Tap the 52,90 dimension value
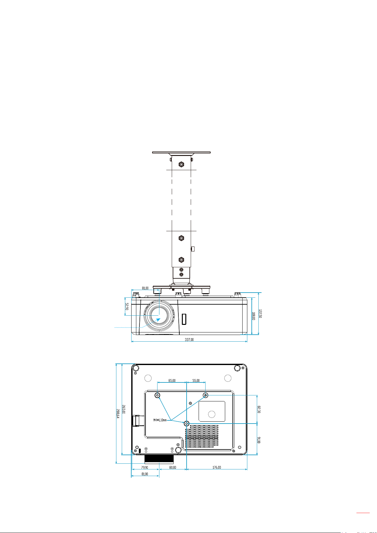[x=127, y=306]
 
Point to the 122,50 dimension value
[x=260, y=313]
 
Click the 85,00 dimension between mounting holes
[x=172, y=381]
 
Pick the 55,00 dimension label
[x=196, y=381]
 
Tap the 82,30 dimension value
[x=259, y=409]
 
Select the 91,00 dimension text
[x=259, y=440]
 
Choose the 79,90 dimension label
[x=145, y=468]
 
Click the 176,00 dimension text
[x=217, y=468]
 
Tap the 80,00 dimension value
[x=173, y=468]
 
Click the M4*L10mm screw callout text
[x=160, y=420]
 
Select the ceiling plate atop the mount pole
[x=181, y=152]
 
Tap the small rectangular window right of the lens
[x=184, y=319]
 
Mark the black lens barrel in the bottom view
[x=159, y=459]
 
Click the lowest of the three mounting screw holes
[x=187, y=423]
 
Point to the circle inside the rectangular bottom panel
[x=212, y=414]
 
